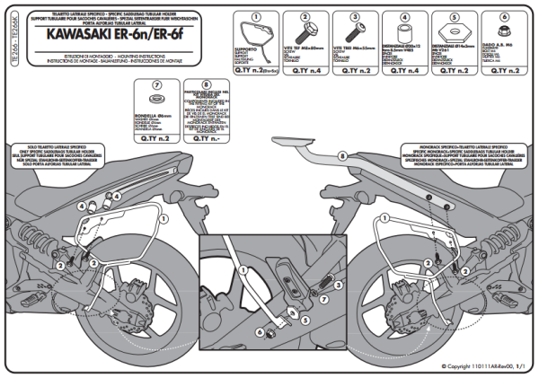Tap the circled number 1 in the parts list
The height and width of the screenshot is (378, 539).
tap(256, 17)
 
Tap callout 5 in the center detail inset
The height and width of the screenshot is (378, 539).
tap(305, 318)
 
